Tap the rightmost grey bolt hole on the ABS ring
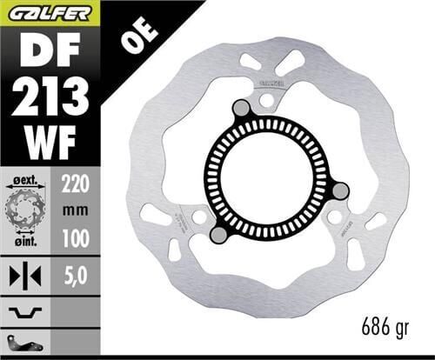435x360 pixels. coord(341,191)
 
